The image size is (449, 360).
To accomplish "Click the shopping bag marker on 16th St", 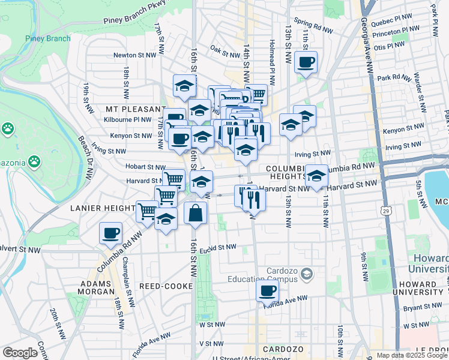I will [x=196, y=213].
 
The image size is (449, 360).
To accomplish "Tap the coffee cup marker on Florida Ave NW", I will [x=267, y=291].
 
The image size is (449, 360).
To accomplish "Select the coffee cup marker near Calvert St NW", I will [x=110, y=233].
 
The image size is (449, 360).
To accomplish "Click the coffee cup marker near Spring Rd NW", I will [x=306, y=62].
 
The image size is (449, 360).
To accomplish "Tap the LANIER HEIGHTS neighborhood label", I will [x=102, y=208].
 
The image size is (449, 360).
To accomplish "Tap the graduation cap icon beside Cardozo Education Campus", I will [x=307, y=274].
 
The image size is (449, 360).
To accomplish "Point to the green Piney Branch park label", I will [x=47, y=38].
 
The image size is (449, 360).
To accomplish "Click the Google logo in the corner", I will [x=20, y=353].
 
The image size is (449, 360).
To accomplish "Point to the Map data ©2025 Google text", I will [x=412, y=355].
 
